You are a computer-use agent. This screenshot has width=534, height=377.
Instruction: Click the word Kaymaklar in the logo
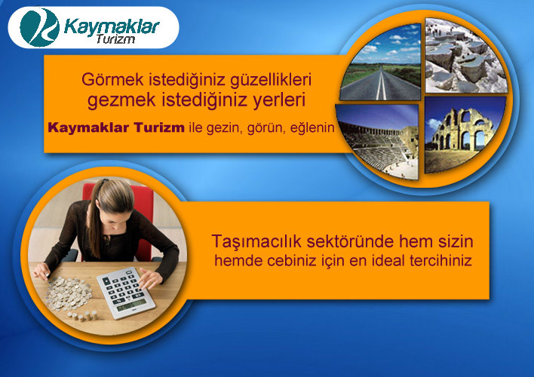pos(112,26)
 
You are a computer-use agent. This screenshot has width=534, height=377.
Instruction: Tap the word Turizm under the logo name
pos(115,38)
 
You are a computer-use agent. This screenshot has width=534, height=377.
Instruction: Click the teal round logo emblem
pos(39,27)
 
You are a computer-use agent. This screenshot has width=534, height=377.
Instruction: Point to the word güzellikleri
pos(271,80)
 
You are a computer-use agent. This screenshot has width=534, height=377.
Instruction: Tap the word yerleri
pos(279,100)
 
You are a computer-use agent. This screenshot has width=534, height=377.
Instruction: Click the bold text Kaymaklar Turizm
pos(116,127)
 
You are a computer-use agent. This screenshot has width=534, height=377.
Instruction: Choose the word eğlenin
pos(312,128)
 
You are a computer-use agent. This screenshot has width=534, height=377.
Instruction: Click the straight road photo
pos(381,63)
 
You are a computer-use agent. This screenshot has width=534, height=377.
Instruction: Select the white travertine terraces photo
pos(465,56)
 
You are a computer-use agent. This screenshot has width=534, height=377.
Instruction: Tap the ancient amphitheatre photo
pos(377,141)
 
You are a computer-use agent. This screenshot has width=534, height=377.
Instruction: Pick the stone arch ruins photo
pos(465,134)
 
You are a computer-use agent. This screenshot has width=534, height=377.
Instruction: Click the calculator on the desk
pos(126,293)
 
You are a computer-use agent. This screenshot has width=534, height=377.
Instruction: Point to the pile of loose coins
pos(69,294)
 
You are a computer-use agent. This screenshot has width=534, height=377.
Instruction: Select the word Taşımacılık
pos(256,241)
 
